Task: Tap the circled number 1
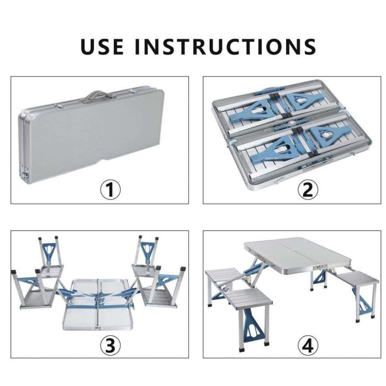coord(110,190)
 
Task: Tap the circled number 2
coord(308,190)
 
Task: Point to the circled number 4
coord(308,345)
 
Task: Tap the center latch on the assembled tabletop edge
coord(320,268)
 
